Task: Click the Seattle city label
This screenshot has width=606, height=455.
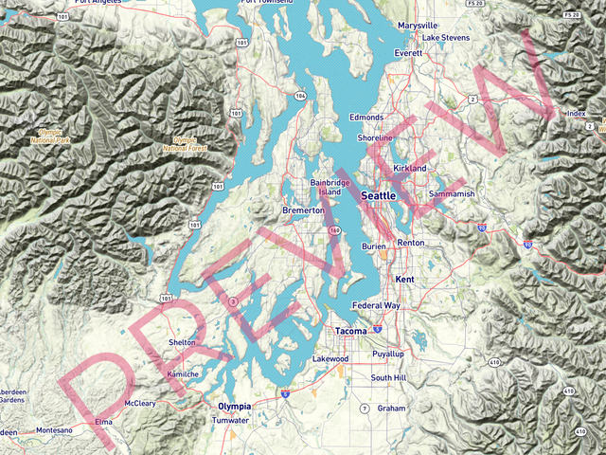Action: click(379, 194)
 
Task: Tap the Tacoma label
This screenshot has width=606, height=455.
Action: click(350, 331)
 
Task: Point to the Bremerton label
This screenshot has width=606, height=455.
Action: click(304, 210)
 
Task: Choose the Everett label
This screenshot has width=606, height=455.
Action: click(408, 54)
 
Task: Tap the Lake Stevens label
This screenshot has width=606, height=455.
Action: click(445, 38)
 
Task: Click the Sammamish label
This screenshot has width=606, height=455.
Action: click(451, 193)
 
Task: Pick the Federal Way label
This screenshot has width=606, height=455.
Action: click(376, 306)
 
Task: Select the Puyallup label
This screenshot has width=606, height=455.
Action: click(388, 354)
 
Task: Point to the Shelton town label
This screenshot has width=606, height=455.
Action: click(182, 342)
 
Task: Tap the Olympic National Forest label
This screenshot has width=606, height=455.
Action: click(185, 144)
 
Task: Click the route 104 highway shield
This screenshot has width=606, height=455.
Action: click(300, 96)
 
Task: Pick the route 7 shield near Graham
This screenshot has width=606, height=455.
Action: click(364, 409)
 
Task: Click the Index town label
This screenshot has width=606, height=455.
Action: click(576, 114)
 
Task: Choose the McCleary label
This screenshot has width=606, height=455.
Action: click(140, 403)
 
